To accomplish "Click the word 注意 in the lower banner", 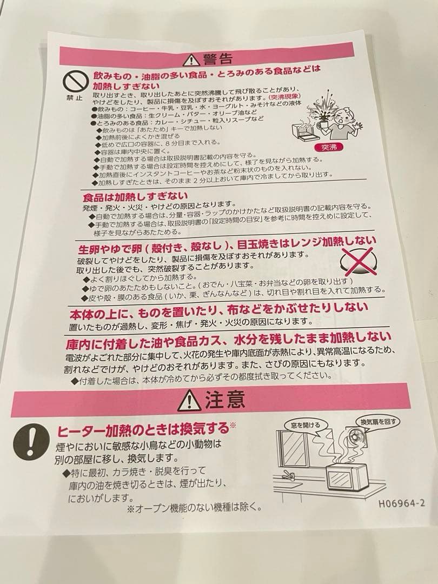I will tap(225, 401).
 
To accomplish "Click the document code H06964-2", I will tap(401, 502).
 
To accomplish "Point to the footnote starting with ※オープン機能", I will tap(194, 508).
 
